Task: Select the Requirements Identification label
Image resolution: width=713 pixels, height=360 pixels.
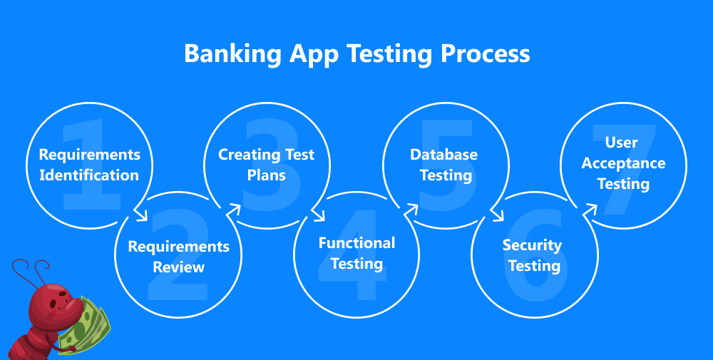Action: click(x=89, y=165)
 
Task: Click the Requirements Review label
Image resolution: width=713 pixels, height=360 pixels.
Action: click(x=178, y=257)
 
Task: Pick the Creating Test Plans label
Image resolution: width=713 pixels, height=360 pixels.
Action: click(x=266, y=165)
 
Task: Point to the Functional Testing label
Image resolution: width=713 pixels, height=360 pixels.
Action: click(x=356, y=253)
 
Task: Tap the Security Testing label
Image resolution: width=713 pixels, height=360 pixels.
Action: click(x=532, y=255)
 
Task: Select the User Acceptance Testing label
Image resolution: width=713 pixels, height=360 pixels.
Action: click(x=623, y=163)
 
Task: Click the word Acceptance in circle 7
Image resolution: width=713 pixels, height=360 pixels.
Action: click(x=623, y=163)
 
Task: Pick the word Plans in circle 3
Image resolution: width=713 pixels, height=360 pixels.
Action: click(x=266, y=175)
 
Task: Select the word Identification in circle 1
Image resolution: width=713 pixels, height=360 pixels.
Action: click(x=89, y=175)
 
